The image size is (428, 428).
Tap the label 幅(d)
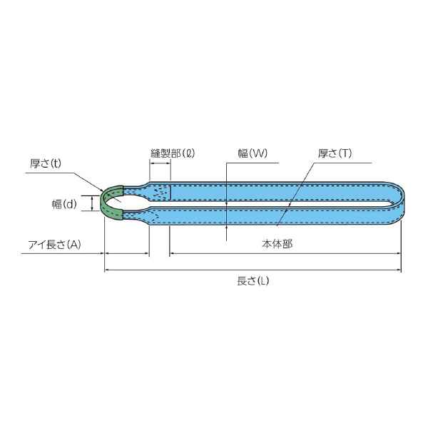coord(64,204)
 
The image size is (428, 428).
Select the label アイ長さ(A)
coord(54,244)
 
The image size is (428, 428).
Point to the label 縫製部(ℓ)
coord(173,153)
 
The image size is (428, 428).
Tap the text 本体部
coord(277,243)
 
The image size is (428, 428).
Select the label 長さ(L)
coord(253,280)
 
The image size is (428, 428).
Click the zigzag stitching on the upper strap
coord(160,192)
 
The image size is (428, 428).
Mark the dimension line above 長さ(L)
coord(253,270)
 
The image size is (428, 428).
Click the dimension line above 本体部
coord(285,253)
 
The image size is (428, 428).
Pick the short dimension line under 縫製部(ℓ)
coord(160,163)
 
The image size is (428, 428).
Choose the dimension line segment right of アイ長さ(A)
coord(127,253)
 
